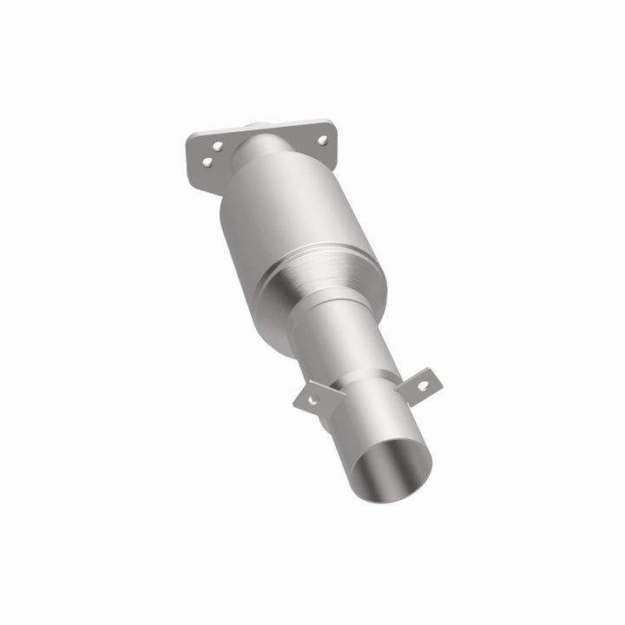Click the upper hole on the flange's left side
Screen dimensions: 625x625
coord(217,147)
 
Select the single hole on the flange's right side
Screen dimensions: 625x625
coord(321,139)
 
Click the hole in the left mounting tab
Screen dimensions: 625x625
coord(312,400)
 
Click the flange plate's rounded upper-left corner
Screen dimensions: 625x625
coord(193,137)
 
